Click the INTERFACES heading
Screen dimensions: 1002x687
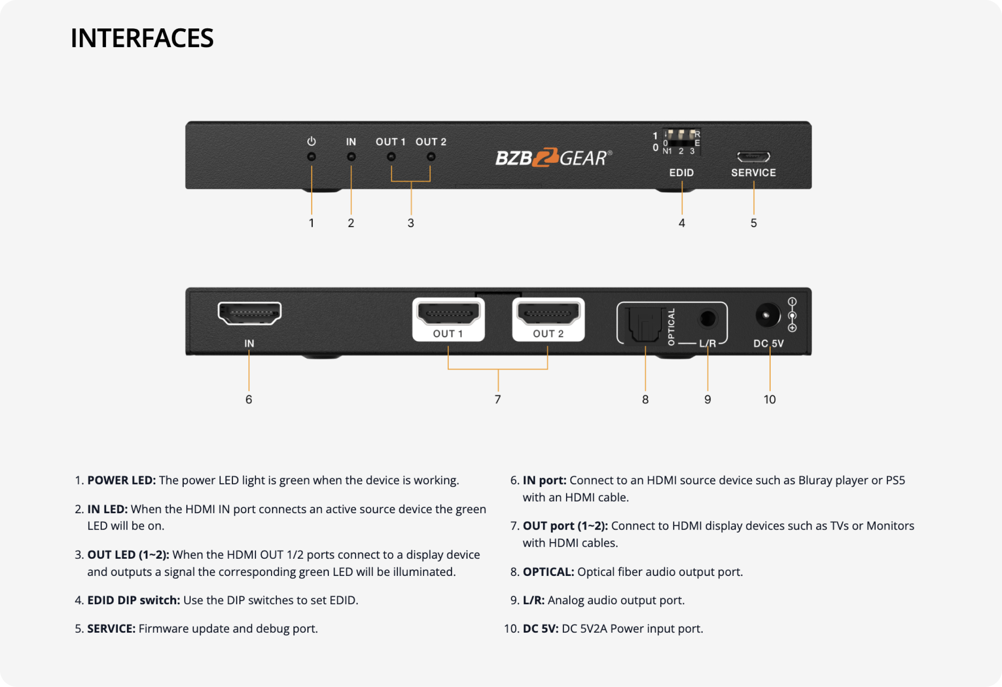point(142,38)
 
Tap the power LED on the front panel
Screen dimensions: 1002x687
point(311,157)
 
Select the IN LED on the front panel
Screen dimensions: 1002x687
point(352,157)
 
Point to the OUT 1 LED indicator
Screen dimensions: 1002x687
point(391,157)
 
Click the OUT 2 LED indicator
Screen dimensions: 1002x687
point(431,157)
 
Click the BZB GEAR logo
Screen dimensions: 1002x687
point(554,158)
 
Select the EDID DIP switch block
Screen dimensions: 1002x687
point(681,142)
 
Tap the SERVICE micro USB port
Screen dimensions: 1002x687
point(753,156)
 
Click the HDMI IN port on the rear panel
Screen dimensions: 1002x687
point(250,313)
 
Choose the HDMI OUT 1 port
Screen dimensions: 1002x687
point(448,314)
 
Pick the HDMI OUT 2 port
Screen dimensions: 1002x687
point(549,314)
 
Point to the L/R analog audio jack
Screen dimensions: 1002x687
point(708,319)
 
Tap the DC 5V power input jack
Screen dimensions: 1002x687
point(767,315)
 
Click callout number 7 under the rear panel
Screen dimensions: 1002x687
point(498,399)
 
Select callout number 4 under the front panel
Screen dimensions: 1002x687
point(682,223)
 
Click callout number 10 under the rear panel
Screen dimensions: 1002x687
point(769,399)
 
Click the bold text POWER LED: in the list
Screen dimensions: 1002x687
point(121,480)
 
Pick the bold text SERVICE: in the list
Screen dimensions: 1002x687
point(111,629)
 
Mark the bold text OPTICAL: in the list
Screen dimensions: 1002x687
point(549,572)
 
